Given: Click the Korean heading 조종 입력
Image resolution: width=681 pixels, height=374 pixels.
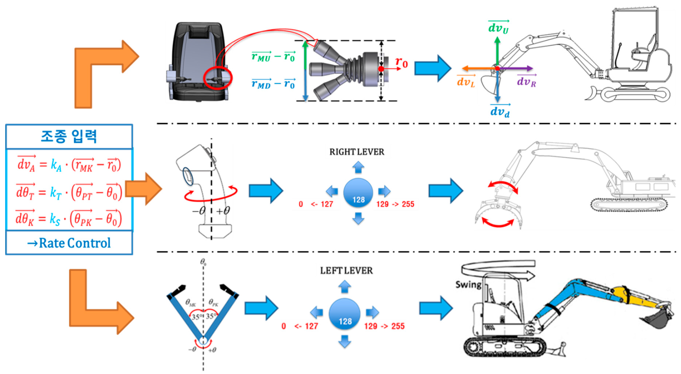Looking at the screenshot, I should pyautogui.click(x=69, y=137).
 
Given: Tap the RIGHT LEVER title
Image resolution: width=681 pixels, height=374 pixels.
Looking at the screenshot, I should pyautogui.click(x=357, y=152).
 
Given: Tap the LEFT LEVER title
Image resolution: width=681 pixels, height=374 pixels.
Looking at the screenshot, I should pyautogui.click(x=346, y=271).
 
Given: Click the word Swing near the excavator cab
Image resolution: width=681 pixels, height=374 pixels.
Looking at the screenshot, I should pyautogui.click(x=468, y=285).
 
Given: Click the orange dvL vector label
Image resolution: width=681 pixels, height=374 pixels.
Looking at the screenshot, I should pyautogui.click(x=466, y=82).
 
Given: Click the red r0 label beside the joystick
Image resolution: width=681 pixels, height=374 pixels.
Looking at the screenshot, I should pyautogui.click(x=401, y=62).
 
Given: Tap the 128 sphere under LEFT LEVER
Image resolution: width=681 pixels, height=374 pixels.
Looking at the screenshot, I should pyautogui.click(x=345, y=314).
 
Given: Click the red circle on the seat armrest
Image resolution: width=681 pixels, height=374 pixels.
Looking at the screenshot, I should pyautogui.click(x=218, y=78).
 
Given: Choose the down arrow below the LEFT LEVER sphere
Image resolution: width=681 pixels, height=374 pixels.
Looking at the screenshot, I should pyautogui.click(x=345, y=341).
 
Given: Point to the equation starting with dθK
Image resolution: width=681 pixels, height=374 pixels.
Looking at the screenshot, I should pyautogui.click(x=69, y=219).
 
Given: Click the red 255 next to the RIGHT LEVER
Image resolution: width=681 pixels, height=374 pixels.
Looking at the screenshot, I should pyautogui.click(x=408, y=204).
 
